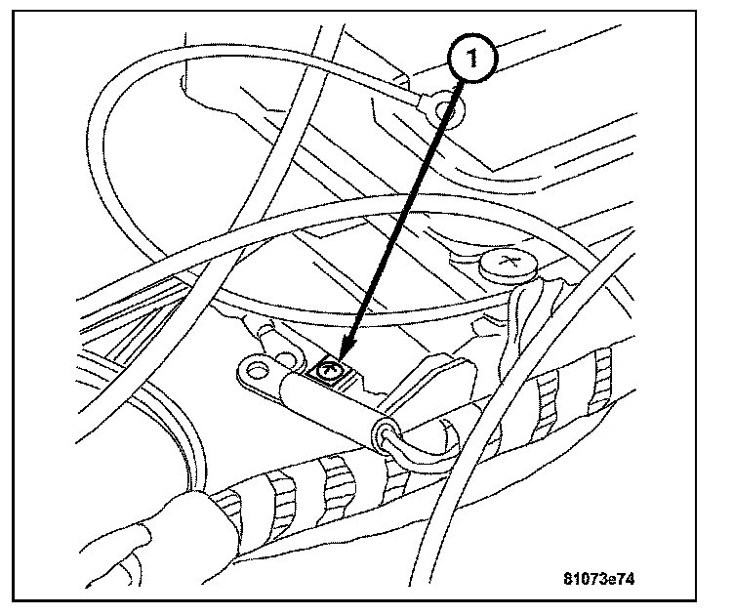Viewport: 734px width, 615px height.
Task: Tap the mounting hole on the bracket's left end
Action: tap(258, 369)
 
